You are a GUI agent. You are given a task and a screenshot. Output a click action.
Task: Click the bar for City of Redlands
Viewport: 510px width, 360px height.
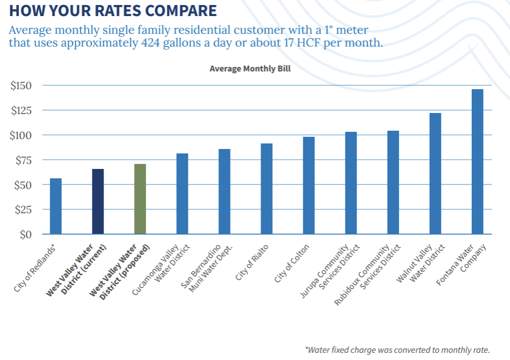pyautogui.click(x=55, y=206)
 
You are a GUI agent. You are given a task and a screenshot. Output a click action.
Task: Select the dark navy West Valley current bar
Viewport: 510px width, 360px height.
pyautogui.click(x=98, y=202)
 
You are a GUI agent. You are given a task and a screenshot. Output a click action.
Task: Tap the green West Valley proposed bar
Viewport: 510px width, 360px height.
pyautogui.click(x=140, y=199)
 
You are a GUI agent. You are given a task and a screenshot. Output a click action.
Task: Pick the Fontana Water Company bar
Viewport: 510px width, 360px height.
pyautogui.click(x=477, y=162)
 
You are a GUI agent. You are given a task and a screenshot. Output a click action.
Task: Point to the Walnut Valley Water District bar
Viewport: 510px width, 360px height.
pyautogui.click(x=435, y=173)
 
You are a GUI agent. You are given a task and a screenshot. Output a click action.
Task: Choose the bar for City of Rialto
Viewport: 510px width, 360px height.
pyautogui.click(x=267, y=189)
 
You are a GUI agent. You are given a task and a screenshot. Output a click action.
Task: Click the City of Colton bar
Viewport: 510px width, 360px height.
pyautogui.click(x=309, y=186)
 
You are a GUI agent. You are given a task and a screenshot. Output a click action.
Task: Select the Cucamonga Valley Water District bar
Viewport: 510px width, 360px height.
pyautogui.click(x=182, y=194)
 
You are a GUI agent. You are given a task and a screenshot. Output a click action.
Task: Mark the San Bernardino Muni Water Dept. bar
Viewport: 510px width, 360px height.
pyautogui.click(x=225, y=192)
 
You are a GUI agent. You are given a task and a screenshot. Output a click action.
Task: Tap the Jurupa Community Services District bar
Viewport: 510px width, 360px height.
pyautogui.click(x=351, y=183)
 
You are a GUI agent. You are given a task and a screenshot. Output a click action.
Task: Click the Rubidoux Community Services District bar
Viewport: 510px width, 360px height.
pyautogui.click(x=393, y=182)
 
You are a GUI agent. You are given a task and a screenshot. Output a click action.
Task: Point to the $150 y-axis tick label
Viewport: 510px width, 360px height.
pyautogui.click(x=21, y=86)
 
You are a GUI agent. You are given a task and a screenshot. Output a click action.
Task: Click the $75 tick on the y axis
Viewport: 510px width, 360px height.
pyautogui.click(x=23, y=161)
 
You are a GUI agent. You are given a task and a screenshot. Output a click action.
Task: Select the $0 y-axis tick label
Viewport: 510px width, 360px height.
pyautogui.click(x=26, y=235)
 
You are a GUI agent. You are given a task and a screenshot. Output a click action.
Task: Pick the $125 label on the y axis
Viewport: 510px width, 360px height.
pyautogui.click(x=21, y=111)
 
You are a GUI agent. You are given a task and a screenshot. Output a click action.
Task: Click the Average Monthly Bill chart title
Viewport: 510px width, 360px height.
pyautogui.click(x=250, y=69)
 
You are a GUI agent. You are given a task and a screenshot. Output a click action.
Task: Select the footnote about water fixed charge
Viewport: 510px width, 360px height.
pyautogui.click(x=397, y=349)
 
